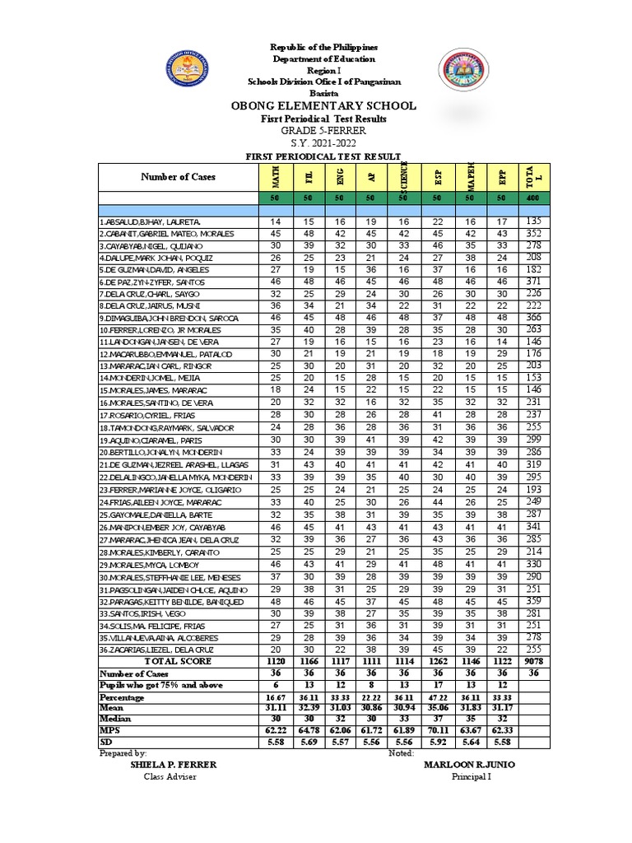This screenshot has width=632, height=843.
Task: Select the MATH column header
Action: pyautogui.click(x=276, y=177)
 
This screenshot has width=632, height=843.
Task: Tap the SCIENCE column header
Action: pyautogui.click(x=404, y=177)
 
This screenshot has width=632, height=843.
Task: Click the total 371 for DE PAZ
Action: pyautogui.click(x=534, y=282)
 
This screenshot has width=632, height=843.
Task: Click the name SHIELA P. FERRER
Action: pyautogui.click(x=174, y=765)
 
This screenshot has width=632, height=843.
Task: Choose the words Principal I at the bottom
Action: pyautogui.click(x=471, y=777)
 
